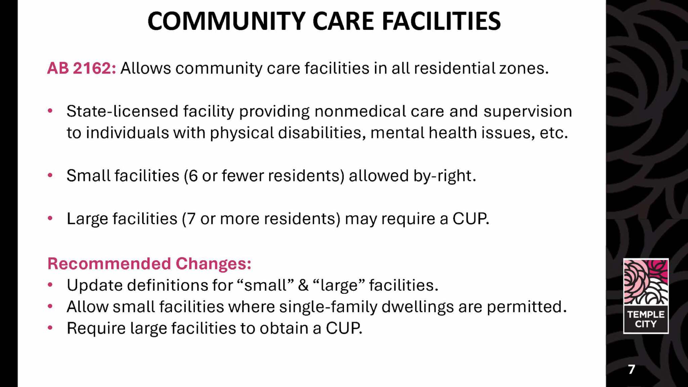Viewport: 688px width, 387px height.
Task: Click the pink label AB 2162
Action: [82, 68]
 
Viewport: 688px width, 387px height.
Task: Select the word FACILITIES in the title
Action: [441, 21]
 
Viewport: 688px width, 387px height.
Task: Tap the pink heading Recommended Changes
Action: [149, 263]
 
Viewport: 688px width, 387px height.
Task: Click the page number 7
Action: [632, 369]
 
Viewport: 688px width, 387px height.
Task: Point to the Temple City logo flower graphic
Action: [646, 282]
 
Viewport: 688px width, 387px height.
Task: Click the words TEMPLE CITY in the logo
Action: [646, 319]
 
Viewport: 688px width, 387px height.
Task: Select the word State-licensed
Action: [122, 111]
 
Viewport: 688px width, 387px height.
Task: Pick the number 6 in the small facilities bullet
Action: [193, 176]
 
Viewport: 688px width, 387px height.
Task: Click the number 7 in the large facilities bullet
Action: [191, 219]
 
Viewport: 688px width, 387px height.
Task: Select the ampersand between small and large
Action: [303, 285]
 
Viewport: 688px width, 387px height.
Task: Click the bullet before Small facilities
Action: [50, 175]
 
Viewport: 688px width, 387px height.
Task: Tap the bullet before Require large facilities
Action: [50, 328]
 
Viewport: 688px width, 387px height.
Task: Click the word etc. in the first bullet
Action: [554, 133]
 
